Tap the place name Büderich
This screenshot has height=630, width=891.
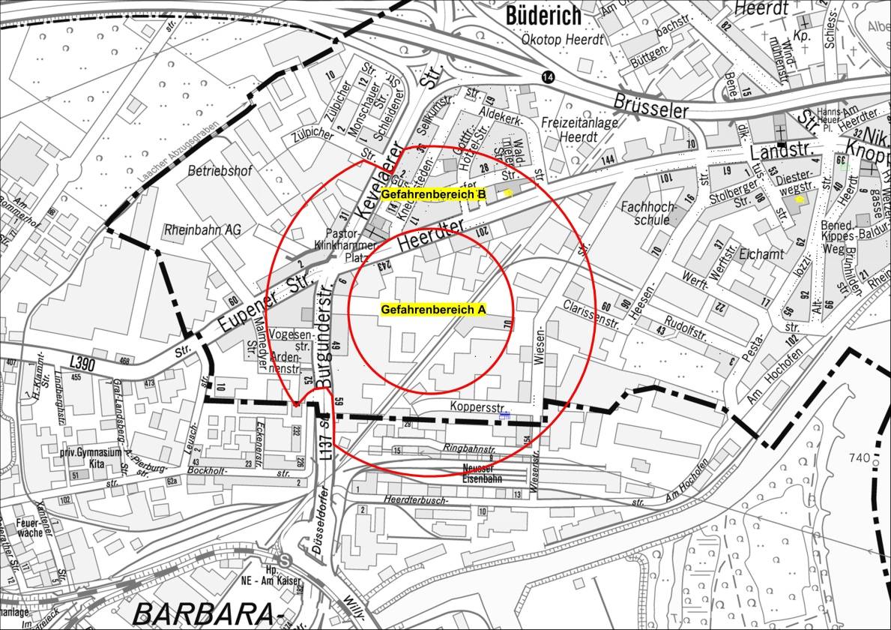click(543, 14)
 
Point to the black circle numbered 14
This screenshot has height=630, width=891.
click(549, 77)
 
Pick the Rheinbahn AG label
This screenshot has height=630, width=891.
click(202, 229)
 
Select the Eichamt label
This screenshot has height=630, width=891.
click(761, 254)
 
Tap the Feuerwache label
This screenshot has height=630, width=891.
click(28, 527)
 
